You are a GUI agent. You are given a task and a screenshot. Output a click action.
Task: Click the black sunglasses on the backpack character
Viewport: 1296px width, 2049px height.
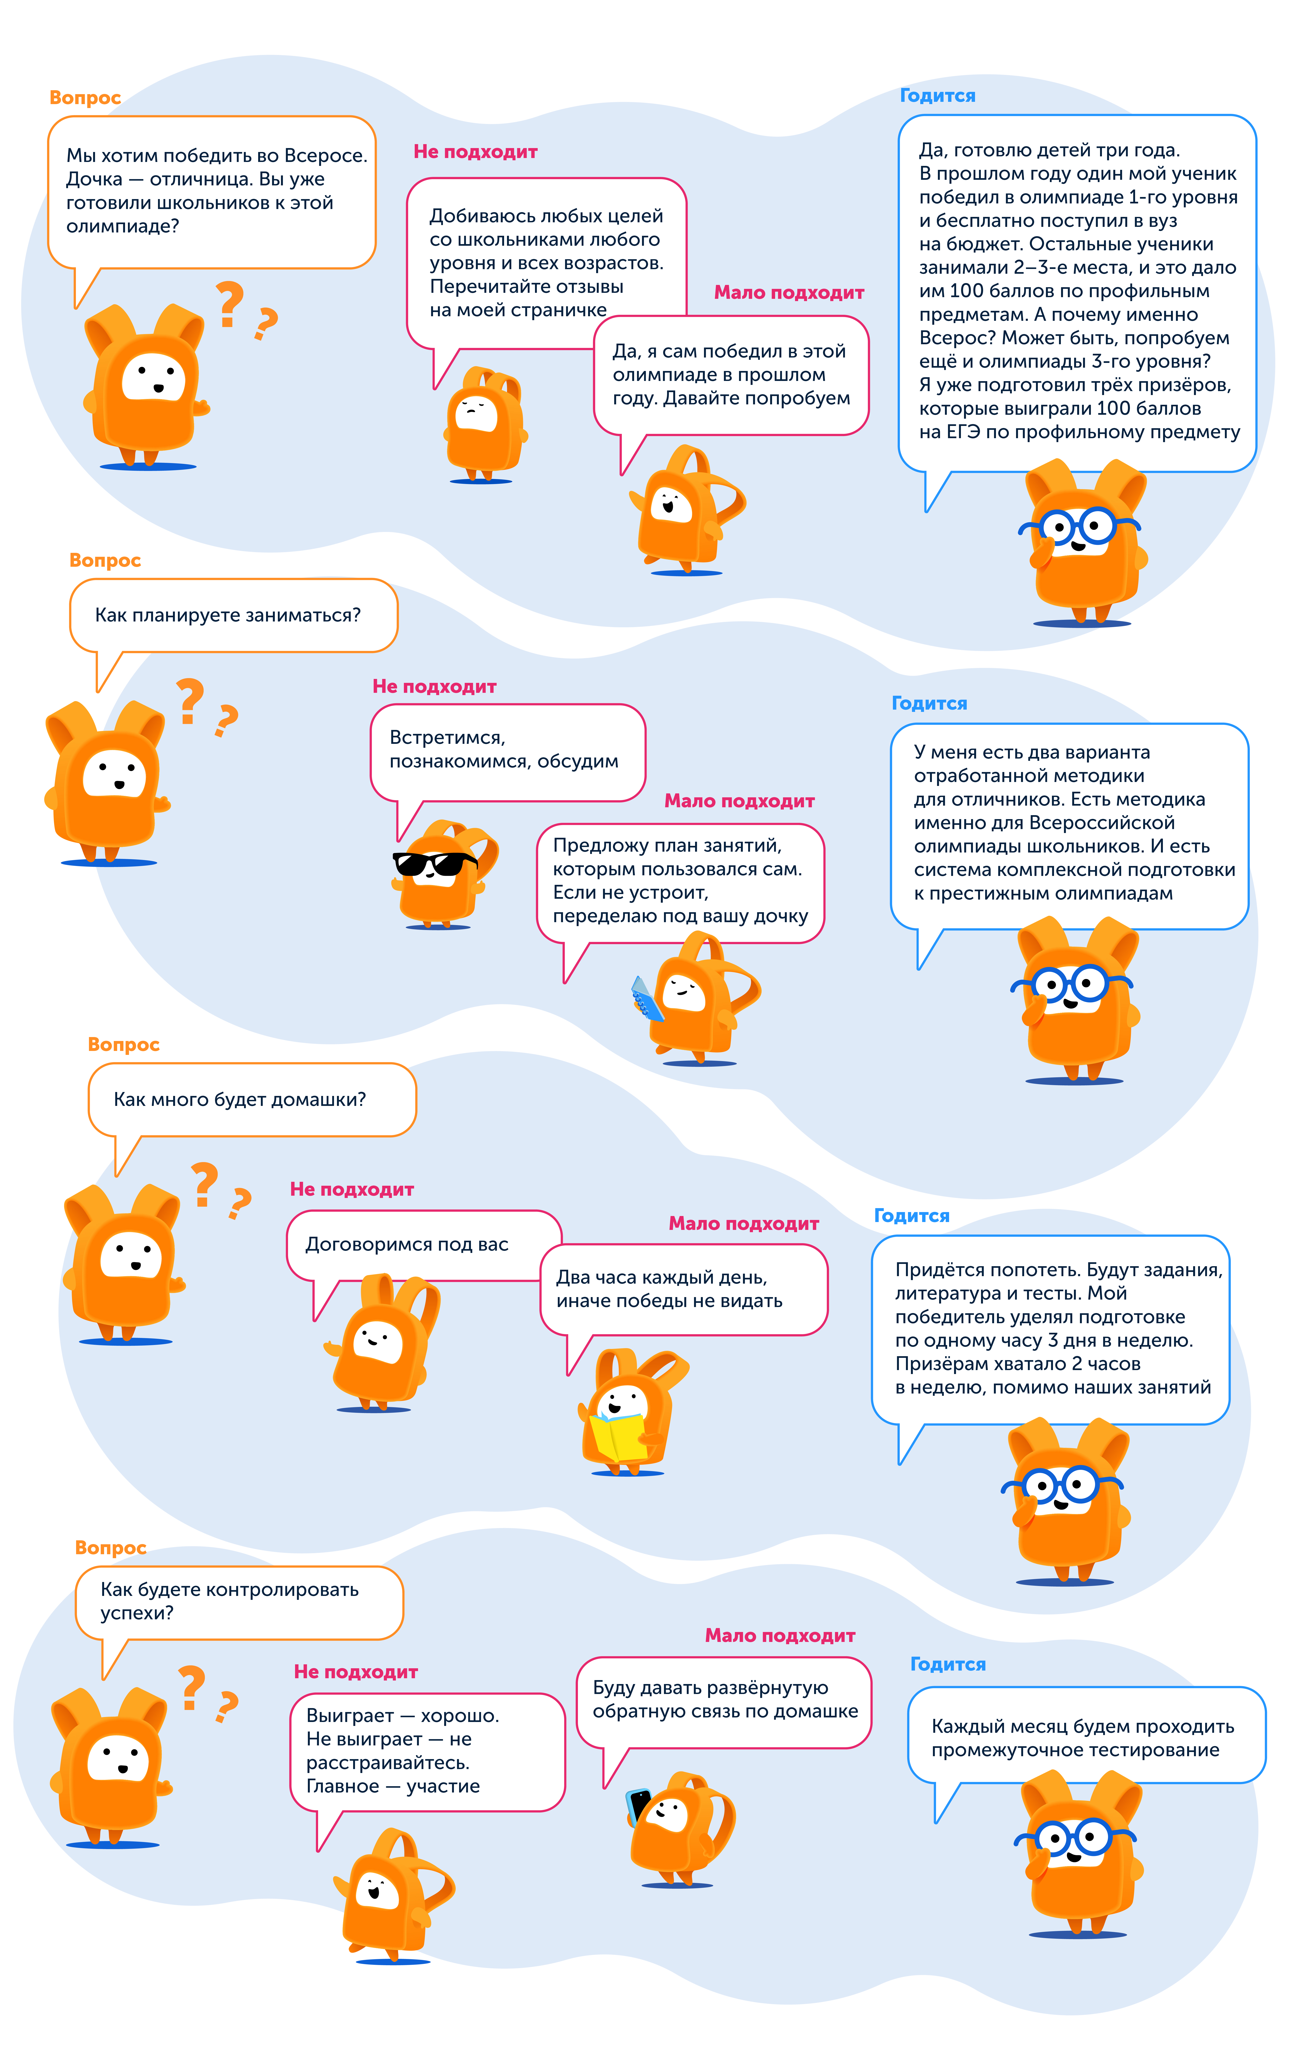click(435, 864)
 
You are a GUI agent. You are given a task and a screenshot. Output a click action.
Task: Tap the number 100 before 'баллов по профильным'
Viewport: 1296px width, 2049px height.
click(966, 291)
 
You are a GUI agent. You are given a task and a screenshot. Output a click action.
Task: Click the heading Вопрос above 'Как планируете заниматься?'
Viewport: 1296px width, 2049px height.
click(105, 561)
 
